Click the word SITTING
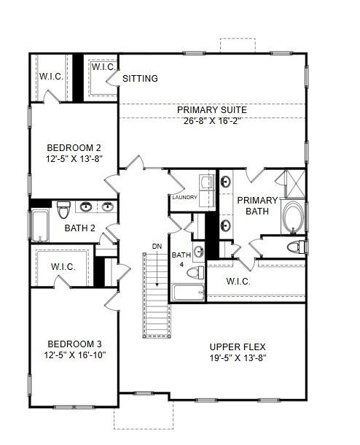point(140,79)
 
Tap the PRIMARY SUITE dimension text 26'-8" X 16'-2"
point(212,122)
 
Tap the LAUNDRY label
point(184,198)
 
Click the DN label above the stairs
point(157,246)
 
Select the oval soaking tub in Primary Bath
point(294,216)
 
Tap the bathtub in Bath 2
point(39,224)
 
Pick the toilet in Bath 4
point(195,273)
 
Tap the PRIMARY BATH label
point(257,206)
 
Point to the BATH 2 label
point(80,228)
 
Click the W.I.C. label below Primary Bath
point(239,281)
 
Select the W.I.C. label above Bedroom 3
point(63,267)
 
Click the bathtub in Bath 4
point(188,293)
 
